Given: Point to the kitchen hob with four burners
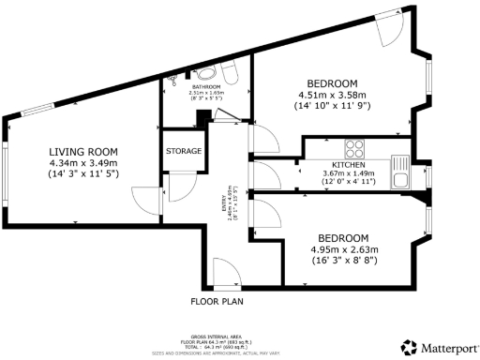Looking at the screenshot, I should tap(356, 147).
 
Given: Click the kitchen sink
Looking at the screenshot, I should tap(400, 180).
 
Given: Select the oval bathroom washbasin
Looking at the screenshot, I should tap(206, 73).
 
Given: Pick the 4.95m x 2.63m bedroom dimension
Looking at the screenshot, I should tap(342, 249).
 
